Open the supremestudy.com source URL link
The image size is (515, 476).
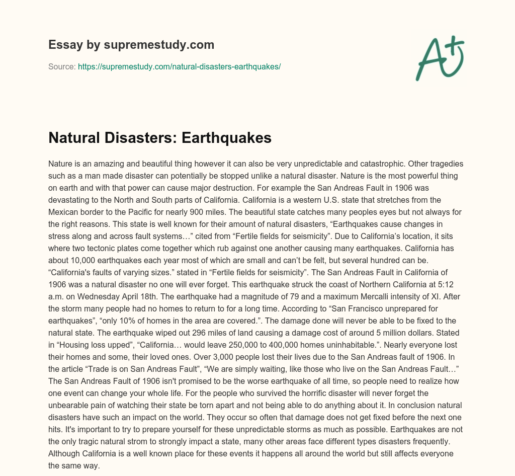179,66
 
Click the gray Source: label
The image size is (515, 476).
62,66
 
